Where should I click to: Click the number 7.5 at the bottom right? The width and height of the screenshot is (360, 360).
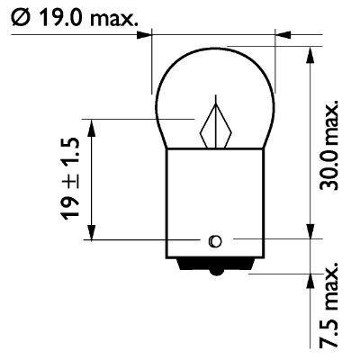click(x=333, y=336)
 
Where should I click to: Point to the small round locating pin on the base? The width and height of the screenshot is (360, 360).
click(x=214, y=240)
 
